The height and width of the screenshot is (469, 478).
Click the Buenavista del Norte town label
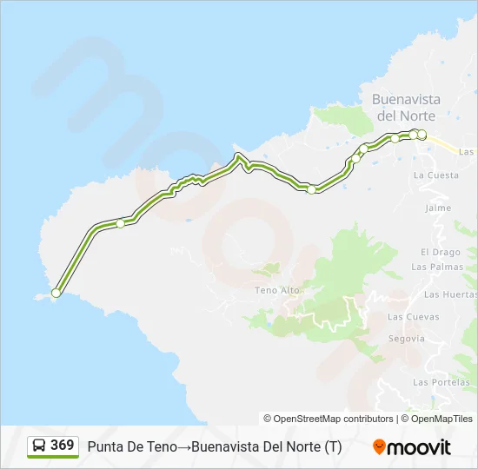click(406, 107)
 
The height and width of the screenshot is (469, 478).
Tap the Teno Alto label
click(276, 290)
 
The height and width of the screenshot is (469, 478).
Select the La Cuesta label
click(436, 175)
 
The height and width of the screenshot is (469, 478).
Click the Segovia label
click(407, 338)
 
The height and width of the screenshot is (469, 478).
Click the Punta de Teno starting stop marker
click(56, 294)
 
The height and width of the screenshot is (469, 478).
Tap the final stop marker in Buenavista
click(422, 135)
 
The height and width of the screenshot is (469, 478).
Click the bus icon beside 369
click(39, 446)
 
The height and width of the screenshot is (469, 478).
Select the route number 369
click(63, 446)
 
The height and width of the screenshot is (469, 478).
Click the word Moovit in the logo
click(420, 447)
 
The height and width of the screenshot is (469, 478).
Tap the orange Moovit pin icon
click(379, 447)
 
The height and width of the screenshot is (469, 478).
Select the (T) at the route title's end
click(333, 447)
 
